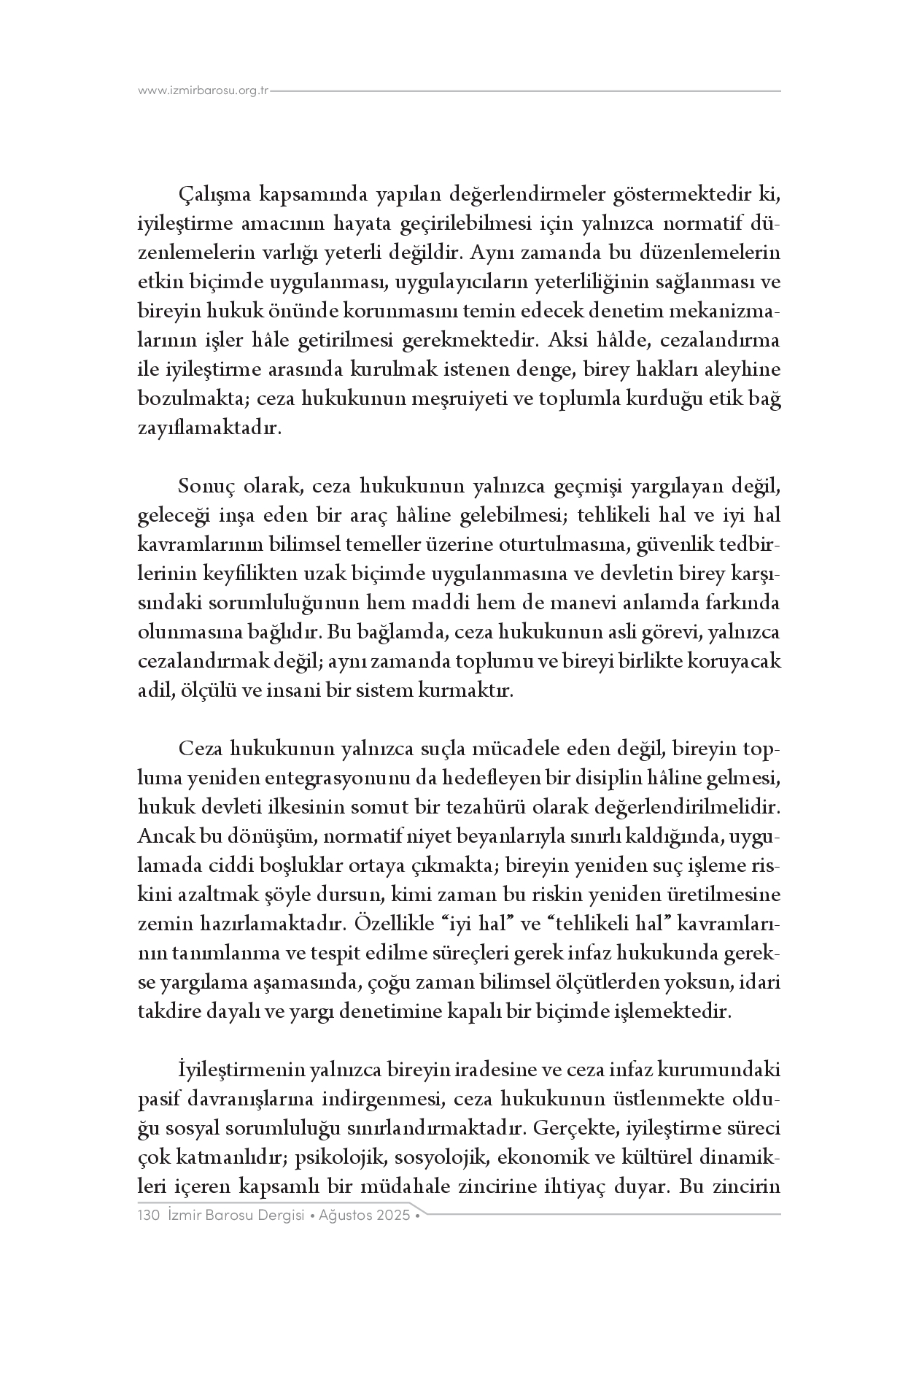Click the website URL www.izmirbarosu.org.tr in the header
(203, 91)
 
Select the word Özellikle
(392, 924)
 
